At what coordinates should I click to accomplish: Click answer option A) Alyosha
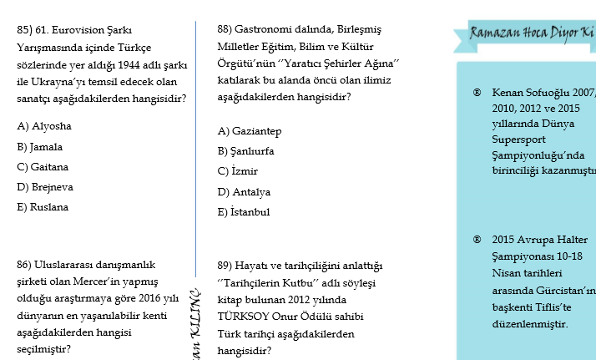pos(43,126)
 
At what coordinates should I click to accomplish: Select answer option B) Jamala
pos(40,146)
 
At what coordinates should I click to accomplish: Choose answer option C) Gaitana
pos(43,166)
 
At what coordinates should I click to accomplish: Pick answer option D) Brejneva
pos(44,186)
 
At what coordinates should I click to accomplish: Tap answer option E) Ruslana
pos(43,206)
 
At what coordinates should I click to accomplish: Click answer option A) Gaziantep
pos(249,131)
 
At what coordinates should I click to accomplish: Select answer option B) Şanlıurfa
pos(245,151)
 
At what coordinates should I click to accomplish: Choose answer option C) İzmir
pos(237,171)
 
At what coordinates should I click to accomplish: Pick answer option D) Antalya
pos(244,191)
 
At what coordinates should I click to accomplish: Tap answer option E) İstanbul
pos(243,212)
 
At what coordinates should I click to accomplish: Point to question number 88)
pos(225,28)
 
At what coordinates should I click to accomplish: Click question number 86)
pos(25,265)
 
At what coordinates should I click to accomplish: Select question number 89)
pos(225,266)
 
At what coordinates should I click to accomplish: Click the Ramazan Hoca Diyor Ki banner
pos(531,33)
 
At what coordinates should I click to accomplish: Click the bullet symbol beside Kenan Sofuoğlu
pos(477,92)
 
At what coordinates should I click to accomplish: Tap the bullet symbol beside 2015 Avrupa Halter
pos(477,238)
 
